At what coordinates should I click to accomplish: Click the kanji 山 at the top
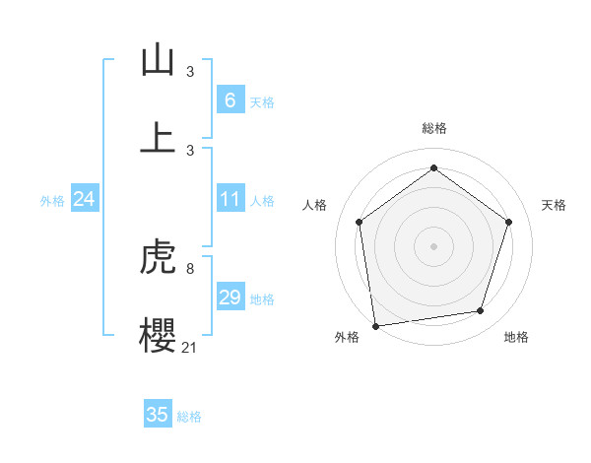158,61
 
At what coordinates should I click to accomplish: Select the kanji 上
158,138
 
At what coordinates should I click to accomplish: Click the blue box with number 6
230,99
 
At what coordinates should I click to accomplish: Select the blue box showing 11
230,199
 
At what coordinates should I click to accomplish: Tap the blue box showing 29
230,297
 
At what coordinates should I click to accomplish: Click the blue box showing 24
84,199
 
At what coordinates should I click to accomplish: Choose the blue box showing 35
158,415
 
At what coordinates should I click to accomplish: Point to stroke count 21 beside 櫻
189,347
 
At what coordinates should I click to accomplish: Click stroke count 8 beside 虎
189,268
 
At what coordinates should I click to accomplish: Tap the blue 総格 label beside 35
189,417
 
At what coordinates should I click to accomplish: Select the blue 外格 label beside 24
52,200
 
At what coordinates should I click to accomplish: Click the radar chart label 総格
433,128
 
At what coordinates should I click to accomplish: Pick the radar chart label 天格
554,205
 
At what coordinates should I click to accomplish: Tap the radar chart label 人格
314,205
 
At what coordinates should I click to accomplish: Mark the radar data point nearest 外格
375,325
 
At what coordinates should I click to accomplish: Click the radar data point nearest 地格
481,311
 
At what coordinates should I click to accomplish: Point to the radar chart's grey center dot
433,245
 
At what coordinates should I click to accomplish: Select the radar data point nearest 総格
433,167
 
